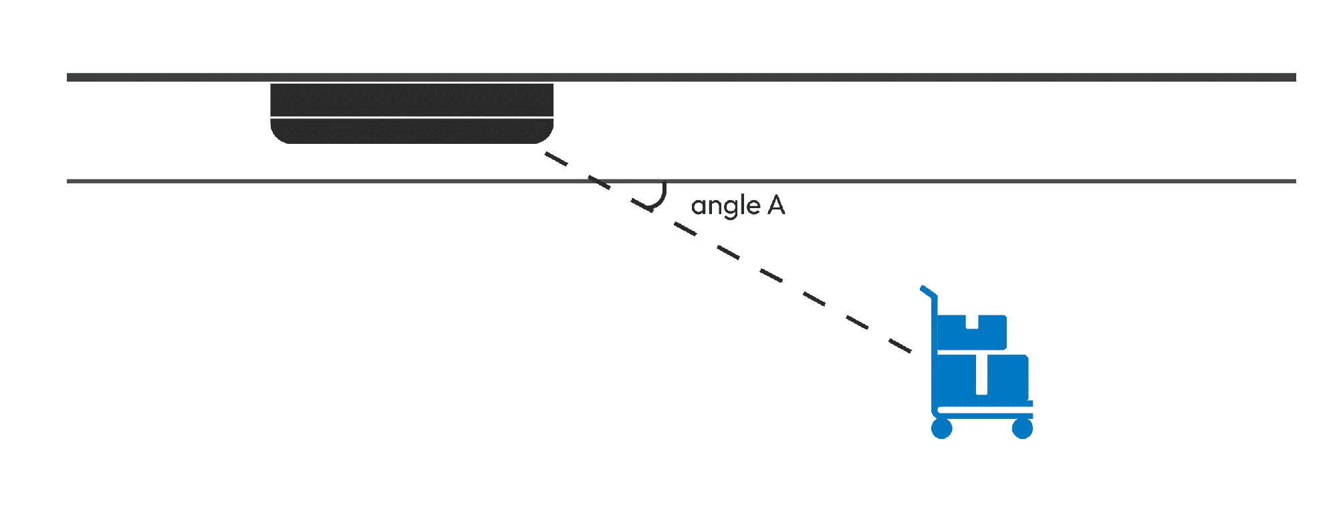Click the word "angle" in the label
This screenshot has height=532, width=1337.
(x=725, y=205)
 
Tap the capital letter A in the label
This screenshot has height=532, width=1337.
(x=776, y=205)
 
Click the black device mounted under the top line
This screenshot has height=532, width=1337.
(x=412, y=113)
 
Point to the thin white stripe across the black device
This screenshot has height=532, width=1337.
(x=412, y=118)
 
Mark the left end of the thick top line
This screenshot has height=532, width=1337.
(x=68, y=78)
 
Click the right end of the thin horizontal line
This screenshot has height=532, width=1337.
(x=1296, y=181)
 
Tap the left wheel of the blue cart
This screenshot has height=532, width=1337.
(x=942, y=429)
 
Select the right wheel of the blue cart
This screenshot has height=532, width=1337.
(x=1022, y=429)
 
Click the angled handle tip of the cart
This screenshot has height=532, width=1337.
(x=923, y=289)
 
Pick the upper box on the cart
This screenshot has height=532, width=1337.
(x=972, y=332)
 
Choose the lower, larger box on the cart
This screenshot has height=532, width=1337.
(x=982, y=378)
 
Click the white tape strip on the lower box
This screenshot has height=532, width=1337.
(x=981, y=375)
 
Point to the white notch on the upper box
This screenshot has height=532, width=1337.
(x=972, y=322)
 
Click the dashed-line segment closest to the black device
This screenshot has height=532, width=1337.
(x=556, y=159)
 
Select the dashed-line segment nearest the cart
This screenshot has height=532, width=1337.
(x=900, y=345)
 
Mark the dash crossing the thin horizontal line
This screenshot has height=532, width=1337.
(x=599, y=182)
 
